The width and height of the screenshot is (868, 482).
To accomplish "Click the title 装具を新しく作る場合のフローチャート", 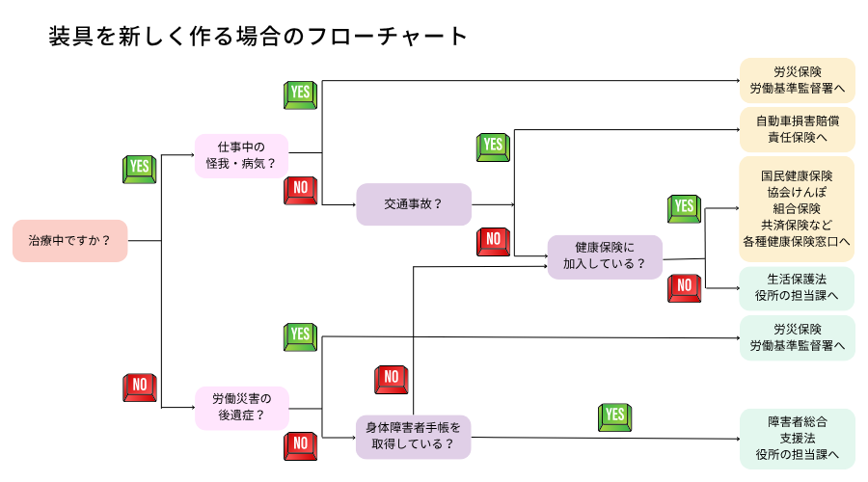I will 258,37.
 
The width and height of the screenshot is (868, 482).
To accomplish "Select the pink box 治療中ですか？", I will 70,240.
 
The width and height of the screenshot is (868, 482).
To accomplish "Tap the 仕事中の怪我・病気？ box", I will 241,155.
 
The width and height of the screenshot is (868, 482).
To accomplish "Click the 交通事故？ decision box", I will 414,203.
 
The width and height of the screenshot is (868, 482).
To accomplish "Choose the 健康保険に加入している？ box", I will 605,255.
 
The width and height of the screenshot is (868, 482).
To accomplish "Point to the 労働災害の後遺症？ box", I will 241,408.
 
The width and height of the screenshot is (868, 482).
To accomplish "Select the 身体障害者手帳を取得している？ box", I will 414,435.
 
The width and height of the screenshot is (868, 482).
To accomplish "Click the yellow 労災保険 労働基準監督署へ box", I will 797,81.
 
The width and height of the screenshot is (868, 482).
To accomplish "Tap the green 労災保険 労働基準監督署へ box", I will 797,337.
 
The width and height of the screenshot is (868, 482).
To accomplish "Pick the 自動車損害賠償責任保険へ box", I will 797,129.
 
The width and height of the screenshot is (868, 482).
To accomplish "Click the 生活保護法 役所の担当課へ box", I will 797,287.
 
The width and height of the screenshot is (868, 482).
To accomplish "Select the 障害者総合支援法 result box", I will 797,438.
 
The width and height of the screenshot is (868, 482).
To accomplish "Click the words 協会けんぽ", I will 797,192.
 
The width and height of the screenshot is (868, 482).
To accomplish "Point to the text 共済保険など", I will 797,225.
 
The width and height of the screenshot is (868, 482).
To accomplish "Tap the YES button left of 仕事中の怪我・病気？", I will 140,168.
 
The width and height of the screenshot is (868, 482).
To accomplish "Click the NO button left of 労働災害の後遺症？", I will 140,387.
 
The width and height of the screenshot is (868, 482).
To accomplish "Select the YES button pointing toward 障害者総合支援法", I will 614,416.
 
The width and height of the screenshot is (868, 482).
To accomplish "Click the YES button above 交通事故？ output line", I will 493,147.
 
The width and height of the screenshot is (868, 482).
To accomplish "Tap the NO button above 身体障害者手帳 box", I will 390,379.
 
